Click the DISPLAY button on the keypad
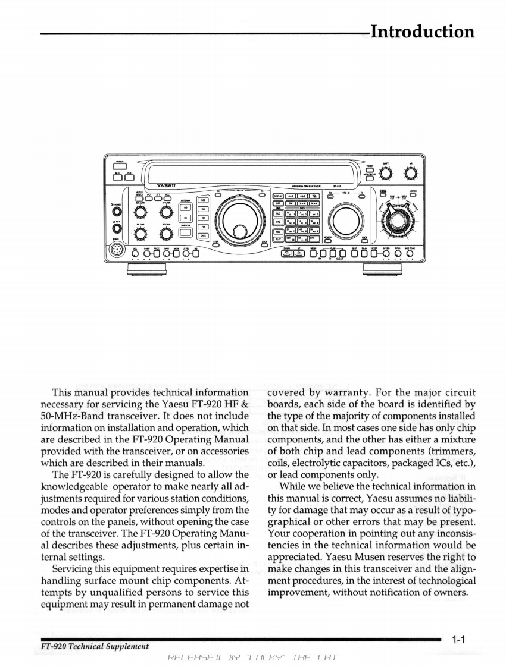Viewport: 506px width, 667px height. [x=278, y=195]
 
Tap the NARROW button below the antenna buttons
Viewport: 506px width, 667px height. [x=185, y=234]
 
